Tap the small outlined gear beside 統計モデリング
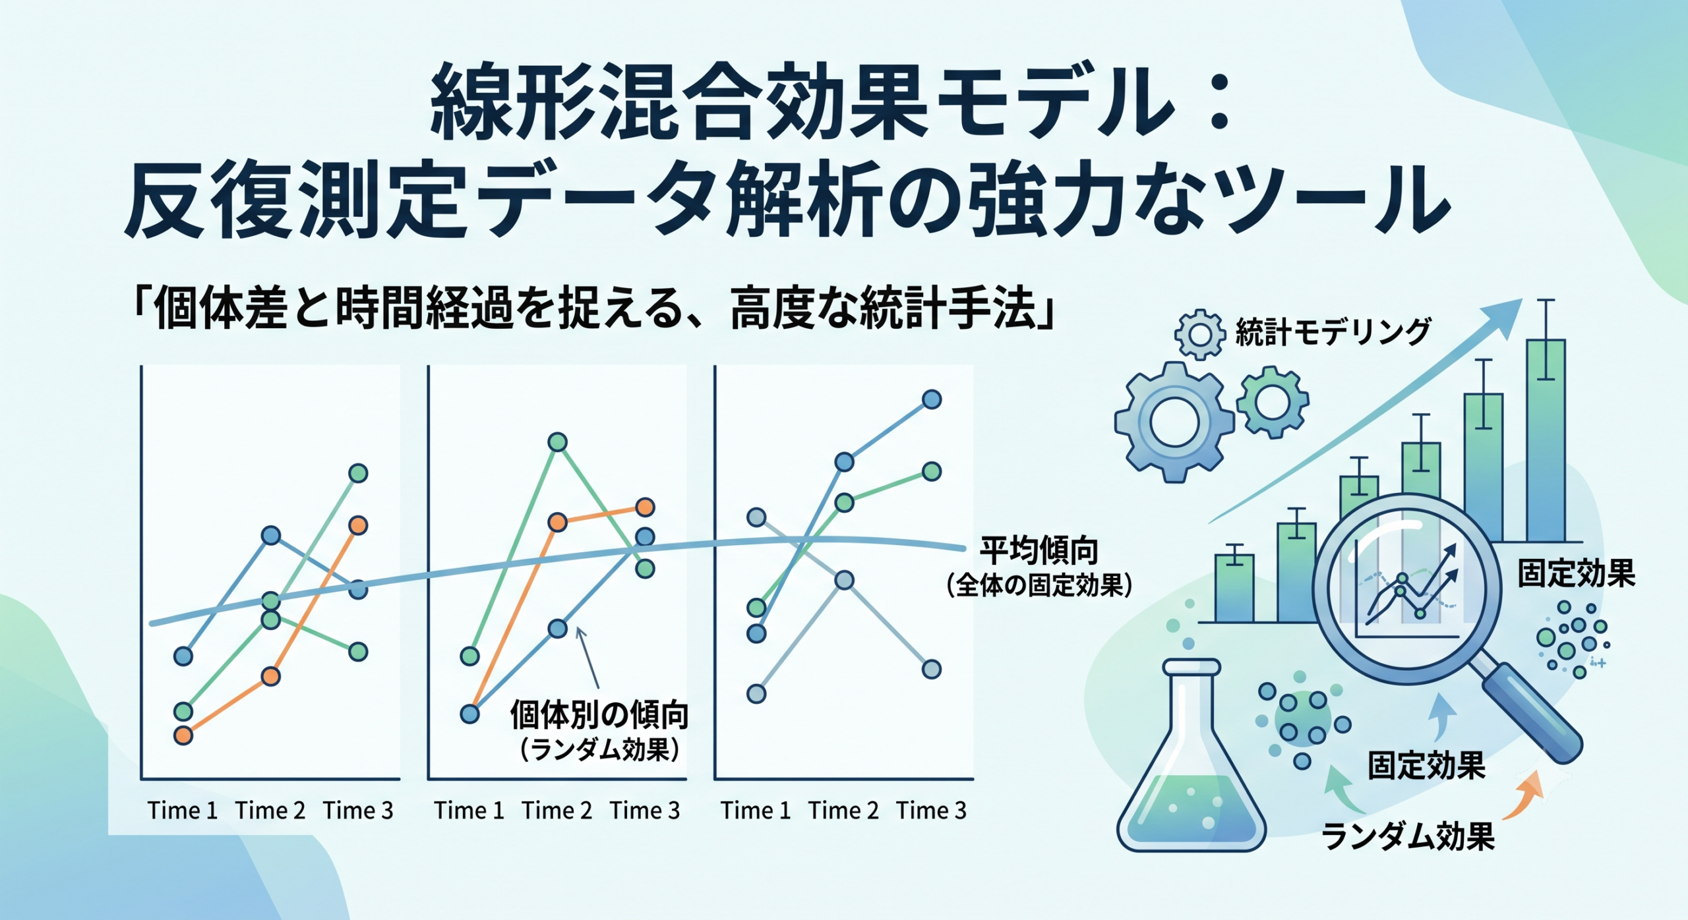point(1200,334)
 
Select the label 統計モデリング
point(1333,331)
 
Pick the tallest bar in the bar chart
point(1546,440)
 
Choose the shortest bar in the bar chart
point(1234,588)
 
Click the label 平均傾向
point(1039,551)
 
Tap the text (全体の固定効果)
point(1039,585)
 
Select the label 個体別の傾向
point(599,715)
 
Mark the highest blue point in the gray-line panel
point(931,399)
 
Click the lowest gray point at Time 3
point(931,670)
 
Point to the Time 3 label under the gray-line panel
point(931,811)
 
